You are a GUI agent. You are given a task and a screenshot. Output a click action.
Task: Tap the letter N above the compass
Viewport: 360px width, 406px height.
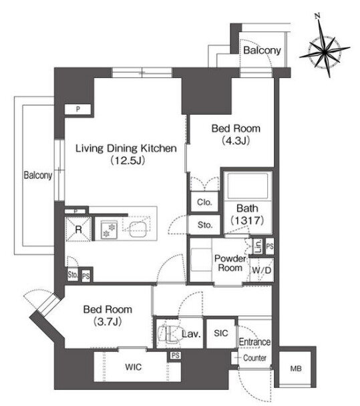pyautogui.click(x=317, y=15)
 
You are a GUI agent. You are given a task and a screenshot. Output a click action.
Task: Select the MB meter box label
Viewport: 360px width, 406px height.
pyautogui.click(x=296, y=368)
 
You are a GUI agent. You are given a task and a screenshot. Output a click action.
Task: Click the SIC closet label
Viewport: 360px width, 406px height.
pyautogui.click(x=221, y=333)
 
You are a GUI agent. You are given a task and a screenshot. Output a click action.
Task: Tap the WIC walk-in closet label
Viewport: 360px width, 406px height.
pyautogui.click(x=134, y=367)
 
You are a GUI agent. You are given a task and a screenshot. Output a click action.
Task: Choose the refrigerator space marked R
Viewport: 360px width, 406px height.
pyautogui.click(x=78, y=230)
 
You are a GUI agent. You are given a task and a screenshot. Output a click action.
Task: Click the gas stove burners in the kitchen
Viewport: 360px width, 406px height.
pyautogui.click(x=109, y=230)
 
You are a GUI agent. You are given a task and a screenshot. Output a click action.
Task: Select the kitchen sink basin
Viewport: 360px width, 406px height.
pyautogui.click(x=138, y=230)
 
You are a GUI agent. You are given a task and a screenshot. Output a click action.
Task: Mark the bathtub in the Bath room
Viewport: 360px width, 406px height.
pyautogui.click(x=247, y=186)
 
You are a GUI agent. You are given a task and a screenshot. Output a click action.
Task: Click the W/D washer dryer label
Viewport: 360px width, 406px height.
pyautogui.click(x=262, y=270)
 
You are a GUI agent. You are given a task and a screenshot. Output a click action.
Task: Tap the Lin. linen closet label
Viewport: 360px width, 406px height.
pyautogui.click(x=258, y=246)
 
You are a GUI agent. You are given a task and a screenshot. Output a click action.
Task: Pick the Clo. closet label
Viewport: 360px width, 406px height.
pyautogui.click(x=204, y=202)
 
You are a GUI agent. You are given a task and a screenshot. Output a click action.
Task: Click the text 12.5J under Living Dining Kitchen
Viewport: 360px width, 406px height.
pyautogui.click(x=128, y=160)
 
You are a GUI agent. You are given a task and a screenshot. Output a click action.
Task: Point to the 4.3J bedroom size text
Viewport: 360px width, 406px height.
pyautogui.click(x=236, y=141)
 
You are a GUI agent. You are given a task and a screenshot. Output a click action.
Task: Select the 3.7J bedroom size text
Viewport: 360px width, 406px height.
pyautogui.click(x=108, y=322)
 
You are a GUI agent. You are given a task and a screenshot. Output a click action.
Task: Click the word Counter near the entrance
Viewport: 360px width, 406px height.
pyautogui.click(x=254, y=358)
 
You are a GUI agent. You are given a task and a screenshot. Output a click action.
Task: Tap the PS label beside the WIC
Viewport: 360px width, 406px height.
pyautogui.click(x=176, y=355)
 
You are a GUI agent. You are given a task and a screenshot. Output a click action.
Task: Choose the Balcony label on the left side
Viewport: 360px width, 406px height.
pyautogui.click(x=38, y=176)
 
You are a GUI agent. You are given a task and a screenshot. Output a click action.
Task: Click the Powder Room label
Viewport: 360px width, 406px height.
pyautogui.click(x=230, y=263)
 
